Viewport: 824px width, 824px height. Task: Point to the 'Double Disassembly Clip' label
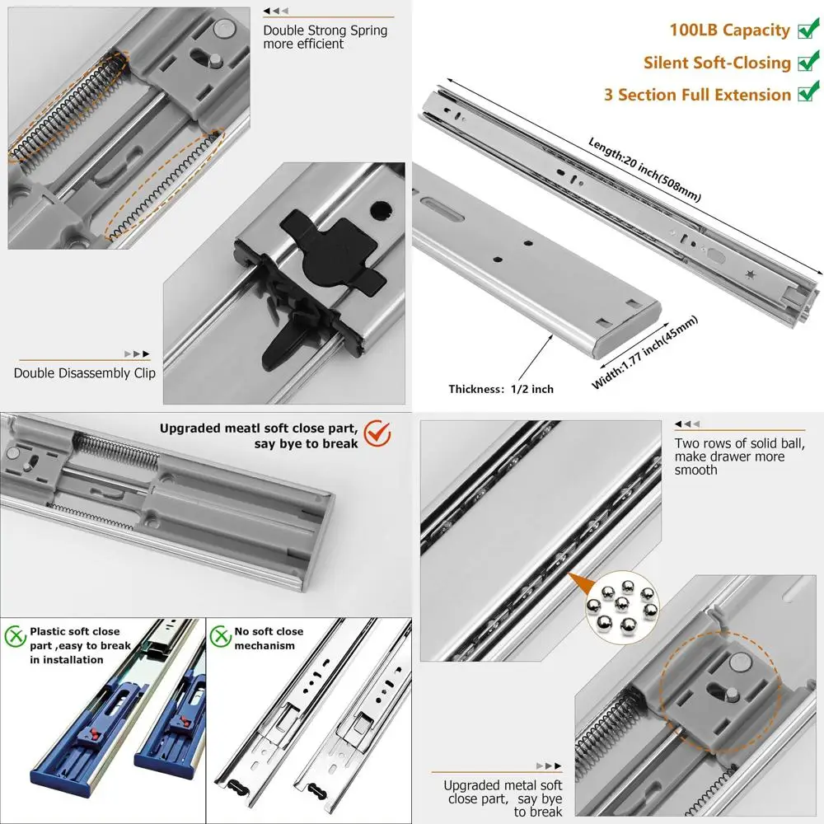(84, 372)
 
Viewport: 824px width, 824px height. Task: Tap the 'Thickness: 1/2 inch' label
(501, 389)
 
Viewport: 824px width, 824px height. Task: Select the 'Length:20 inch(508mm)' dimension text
(644, 169)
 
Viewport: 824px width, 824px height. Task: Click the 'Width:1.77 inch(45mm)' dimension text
(644, 352)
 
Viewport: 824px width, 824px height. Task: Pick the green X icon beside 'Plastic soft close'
(14, 636)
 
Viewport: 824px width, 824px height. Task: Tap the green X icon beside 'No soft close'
(219, 636)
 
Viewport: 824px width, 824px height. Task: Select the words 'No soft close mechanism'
(269, 638)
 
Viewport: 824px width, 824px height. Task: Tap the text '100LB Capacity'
(729, 30)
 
